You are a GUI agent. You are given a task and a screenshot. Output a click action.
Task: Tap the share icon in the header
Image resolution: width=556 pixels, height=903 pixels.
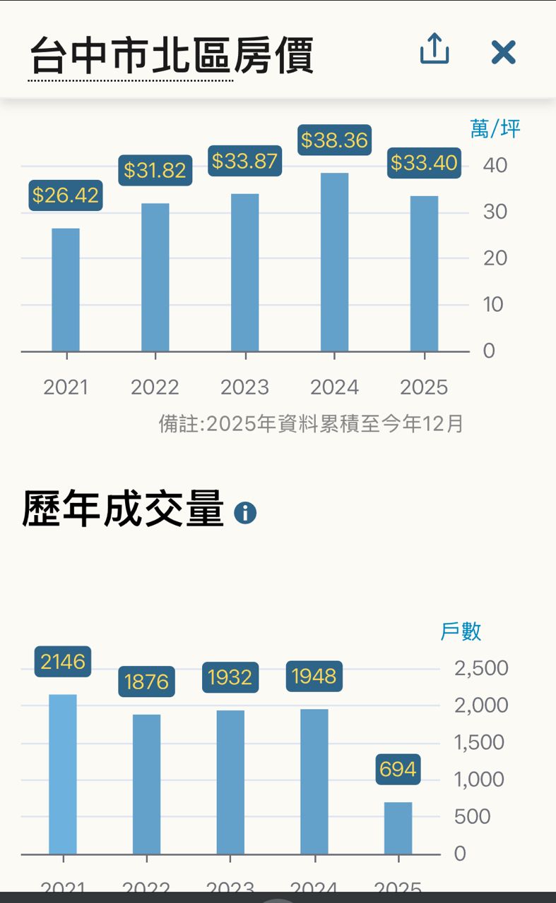click(x=434, y=50)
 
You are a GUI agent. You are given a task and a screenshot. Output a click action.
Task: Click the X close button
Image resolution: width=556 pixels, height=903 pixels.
click(x=503, y=52)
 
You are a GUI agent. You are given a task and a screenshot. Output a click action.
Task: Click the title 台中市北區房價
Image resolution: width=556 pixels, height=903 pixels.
click(x=172, y=56)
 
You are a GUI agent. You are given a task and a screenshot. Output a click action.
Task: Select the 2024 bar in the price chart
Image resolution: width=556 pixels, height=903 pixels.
click(x=334, y=262)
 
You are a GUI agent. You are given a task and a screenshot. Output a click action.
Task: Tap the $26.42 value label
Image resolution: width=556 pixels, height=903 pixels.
click(x=66, y=195)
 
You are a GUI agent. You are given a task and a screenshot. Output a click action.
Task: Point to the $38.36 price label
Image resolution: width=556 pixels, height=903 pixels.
click(x=334, y=140)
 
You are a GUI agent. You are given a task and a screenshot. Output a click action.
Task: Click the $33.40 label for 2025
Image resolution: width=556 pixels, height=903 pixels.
click(x=424, y=163)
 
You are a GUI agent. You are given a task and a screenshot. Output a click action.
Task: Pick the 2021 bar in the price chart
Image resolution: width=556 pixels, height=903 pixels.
click(x=66, y=290)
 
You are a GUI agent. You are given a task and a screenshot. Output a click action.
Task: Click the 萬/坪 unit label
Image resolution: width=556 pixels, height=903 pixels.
click(x=495, y=128)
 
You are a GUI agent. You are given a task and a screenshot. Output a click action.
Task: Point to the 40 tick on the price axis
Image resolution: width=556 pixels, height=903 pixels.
click(x=495, y=166)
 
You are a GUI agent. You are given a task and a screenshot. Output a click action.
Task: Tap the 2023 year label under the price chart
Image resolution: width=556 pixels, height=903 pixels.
click(x=244, y=387)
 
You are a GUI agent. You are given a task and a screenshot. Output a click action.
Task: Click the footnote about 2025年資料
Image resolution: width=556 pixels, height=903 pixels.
click(x=311, y=423)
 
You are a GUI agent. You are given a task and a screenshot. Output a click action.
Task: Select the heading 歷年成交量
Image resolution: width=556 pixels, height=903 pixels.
click(x=123, y=509)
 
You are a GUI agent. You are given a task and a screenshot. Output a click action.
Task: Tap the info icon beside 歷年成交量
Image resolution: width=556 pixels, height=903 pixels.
click(x=245, y=513)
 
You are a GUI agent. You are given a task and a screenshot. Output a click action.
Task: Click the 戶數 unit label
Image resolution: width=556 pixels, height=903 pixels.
click(x=461, y=631)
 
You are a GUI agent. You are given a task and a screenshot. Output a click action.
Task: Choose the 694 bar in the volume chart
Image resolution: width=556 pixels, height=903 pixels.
click(x=398, y=828)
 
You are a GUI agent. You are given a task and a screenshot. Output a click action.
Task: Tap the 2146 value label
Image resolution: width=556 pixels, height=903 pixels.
click(x=63, y=662)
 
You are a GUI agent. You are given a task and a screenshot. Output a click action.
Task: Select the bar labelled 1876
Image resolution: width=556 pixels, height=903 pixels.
click(x=146, y=784)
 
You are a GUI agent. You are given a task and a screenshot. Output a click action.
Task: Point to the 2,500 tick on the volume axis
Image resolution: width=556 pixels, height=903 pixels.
click(x=481, y=668)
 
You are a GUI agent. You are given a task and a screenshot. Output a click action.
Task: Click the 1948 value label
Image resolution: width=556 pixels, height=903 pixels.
click(x=314, y=677)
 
